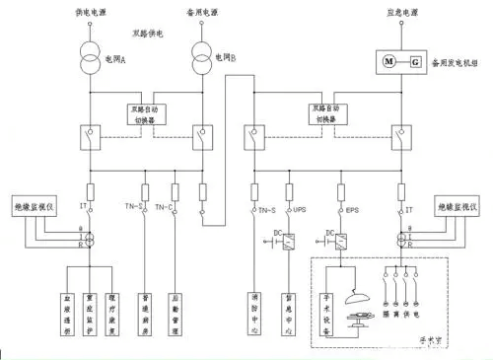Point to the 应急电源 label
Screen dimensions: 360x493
pos(406,13)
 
